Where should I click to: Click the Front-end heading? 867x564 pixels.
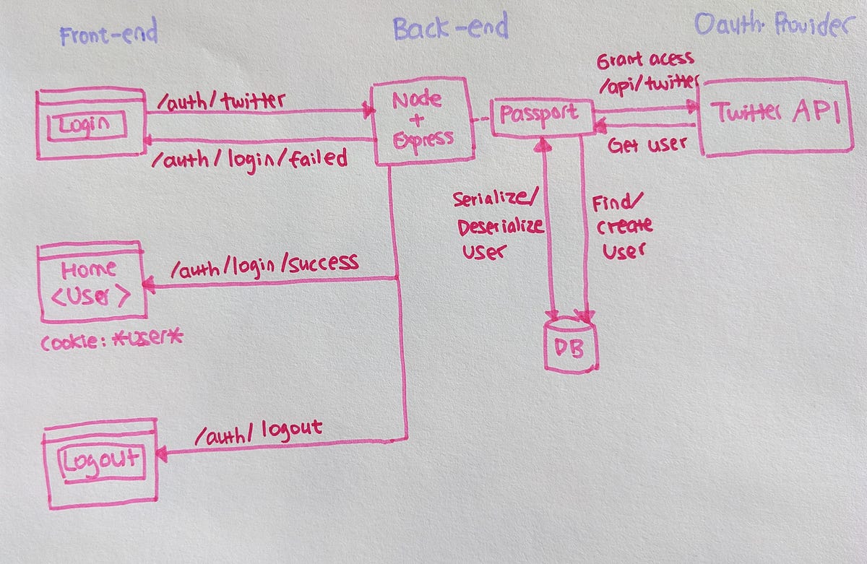pyautogui.click(x=108, y=35)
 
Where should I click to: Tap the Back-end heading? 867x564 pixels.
pyautogui.click(x=450, y=28)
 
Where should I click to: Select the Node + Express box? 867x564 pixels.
pyautogui.click(x=423, y=121)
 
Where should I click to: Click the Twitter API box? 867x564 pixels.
pyautogui.click(x=776, y=115)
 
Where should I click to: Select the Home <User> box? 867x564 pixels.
pyautogui.click(x=91, y=282)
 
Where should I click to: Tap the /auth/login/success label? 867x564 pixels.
pyautogui.click(x=264, y=266)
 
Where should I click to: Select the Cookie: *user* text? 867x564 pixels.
pyautogui.click(x=112, y=340)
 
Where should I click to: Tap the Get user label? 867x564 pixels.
pyautogui.click(x=647, y=145)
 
